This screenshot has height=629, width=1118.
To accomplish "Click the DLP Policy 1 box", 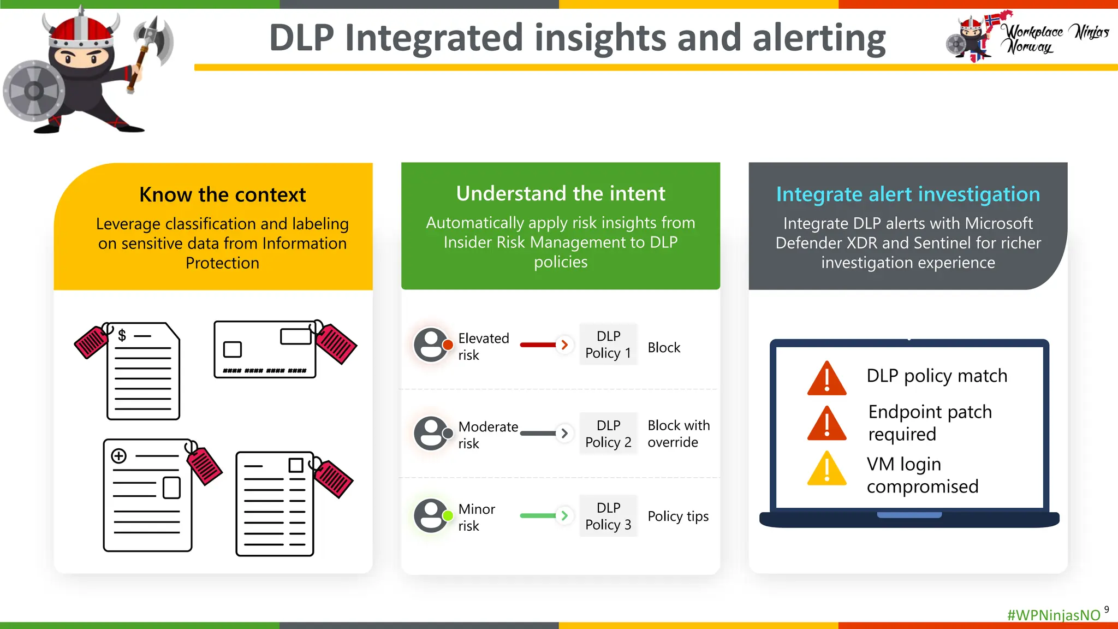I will click(x=608, y=345).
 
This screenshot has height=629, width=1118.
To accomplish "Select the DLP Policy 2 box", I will click(x=608, y=434).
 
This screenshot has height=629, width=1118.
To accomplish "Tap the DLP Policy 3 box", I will click(x=608, y=516).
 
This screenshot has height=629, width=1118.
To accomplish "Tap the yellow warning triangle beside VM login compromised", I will click(x=826, y=470).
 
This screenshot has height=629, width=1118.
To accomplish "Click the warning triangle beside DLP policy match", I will click(x=826, y=379).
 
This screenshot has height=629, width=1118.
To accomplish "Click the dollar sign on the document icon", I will click(x=122, y=335).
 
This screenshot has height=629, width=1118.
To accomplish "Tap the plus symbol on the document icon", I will click(x=119, y=456).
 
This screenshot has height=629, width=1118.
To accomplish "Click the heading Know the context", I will click(x=222, y=195).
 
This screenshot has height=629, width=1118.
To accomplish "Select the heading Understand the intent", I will click(x=561, y=194).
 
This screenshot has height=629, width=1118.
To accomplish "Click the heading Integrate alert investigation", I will click(x=908, y=194).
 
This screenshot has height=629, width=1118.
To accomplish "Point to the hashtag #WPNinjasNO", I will click(x=1054, y=615).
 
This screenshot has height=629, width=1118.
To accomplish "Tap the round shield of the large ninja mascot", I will click(x=34, y=91).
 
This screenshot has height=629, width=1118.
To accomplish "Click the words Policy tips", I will click(x=678, y=516).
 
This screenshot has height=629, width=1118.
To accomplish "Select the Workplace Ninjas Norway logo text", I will click(x=1056, y=38).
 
